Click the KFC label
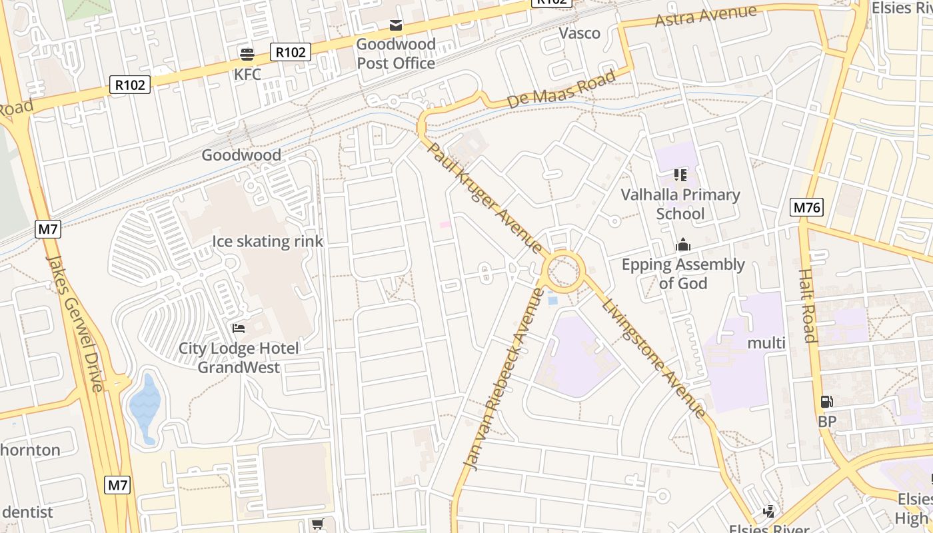click(247, 74)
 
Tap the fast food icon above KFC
click(247, 54)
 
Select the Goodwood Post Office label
click(395, 54)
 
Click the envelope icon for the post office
click(396, 25)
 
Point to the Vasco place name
click(579, 33)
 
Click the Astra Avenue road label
click(706, 15)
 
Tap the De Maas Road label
click(561, 90)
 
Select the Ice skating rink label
click(267, 241)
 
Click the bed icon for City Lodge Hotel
click(238, 328)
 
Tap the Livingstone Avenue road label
click(653, 359)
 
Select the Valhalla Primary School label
click(680, 204)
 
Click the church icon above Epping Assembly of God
click(683, 245)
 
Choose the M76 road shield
click(806, 207)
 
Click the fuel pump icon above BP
click(826, 402)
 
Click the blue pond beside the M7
click(145, 406)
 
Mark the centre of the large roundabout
click(564, 272)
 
